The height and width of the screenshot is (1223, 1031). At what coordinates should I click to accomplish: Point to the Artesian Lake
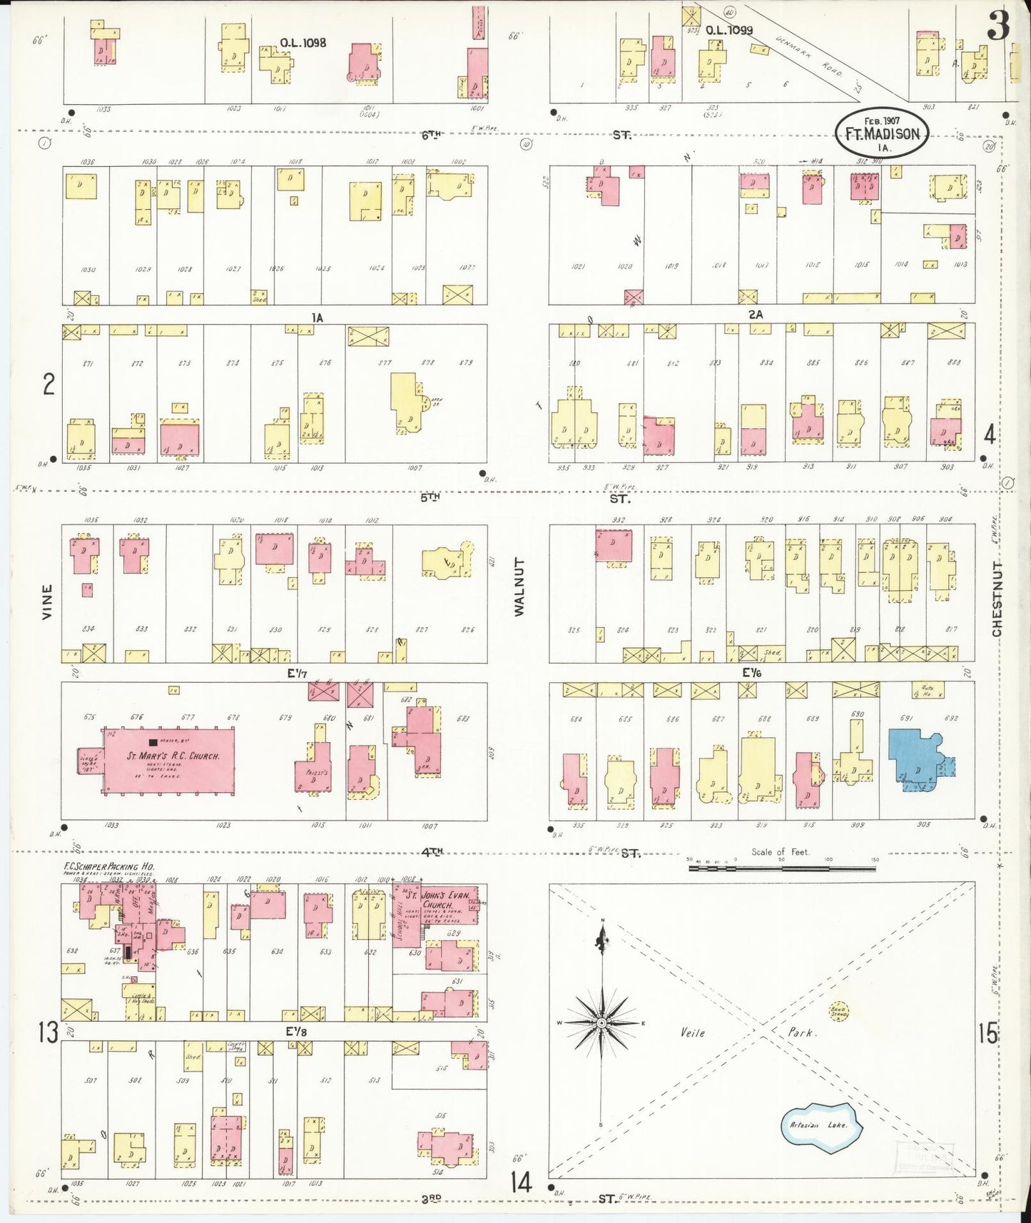tap(822, 1125)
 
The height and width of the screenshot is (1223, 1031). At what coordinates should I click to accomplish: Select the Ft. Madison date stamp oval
tap(882, 133)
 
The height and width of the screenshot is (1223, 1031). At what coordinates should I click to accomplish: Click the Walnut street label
tap(519, 587)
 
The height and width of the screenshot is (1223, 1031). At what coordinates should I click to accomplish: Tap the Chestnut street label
tap(996, 599)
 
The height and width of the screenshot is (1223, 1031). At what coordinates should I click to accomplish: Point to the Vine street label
tap(48, 601)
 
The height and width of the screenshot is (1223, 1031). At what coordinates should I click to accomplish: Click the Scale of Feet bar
tap(781, 868)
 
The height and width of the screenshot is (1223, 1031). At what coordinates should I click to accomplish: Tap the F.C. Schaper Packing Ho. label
tap(108, 867)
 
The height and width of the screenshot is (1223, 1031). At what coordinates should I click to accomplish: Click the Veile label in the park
tap(691, 1032)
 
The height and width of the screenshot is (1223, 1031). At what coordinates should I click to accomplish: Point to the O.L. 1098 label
tap(303, 43)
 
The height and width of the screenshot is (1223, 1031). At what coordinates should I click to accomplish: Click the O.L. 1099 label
tap(728, 31)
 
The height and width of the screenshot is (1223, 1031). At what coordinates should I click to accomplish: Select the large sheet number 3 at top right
tap(998, 26)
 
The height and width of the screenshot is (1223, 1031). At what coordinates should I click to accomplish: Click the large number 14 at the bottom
tap(521, 1183)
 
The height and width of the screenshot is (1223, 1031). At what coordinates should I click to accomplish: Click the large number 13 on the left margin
tap(49, 1032)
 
